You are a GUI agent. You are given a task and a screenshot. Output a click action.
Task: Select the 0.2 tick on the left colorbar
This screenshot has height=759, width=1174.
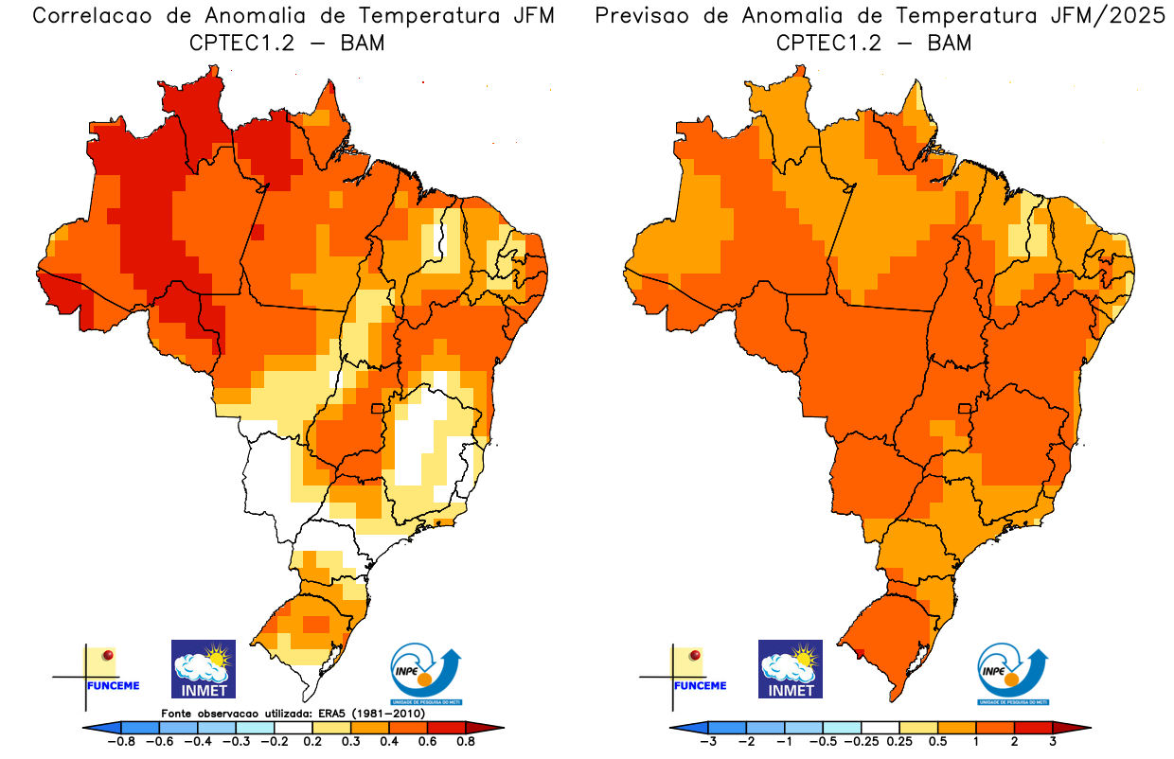(x=311, y=743)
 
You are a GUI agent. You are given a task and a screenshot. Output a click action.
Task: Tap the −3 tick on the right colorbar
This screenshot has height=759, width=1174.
(x=707, y=743)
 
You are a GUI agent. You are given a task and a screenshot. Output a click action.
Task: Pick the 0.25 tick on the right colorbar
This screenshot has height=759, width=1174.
(x=899, y=743)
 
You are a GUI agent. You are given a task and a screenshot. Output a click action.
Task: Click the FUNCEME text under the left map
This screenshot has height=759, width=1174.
(x=114, y=685)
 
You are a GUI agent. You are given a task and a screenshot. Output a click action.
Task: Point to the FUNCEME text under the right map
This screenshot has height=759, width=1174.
(x=701, y=685)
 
